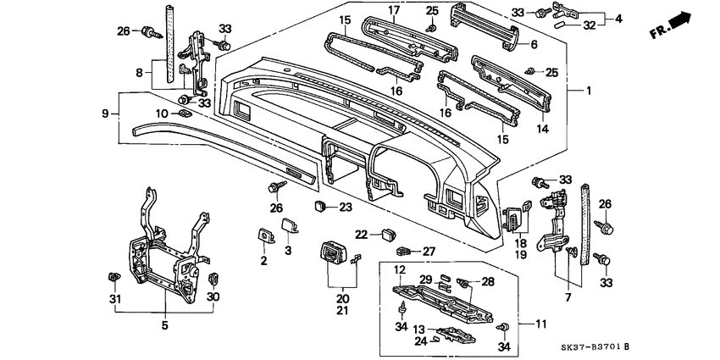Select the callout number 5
tap(165, 325)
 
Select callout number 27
tap(429, 251)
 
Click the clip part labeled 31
tap(113, 277)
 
